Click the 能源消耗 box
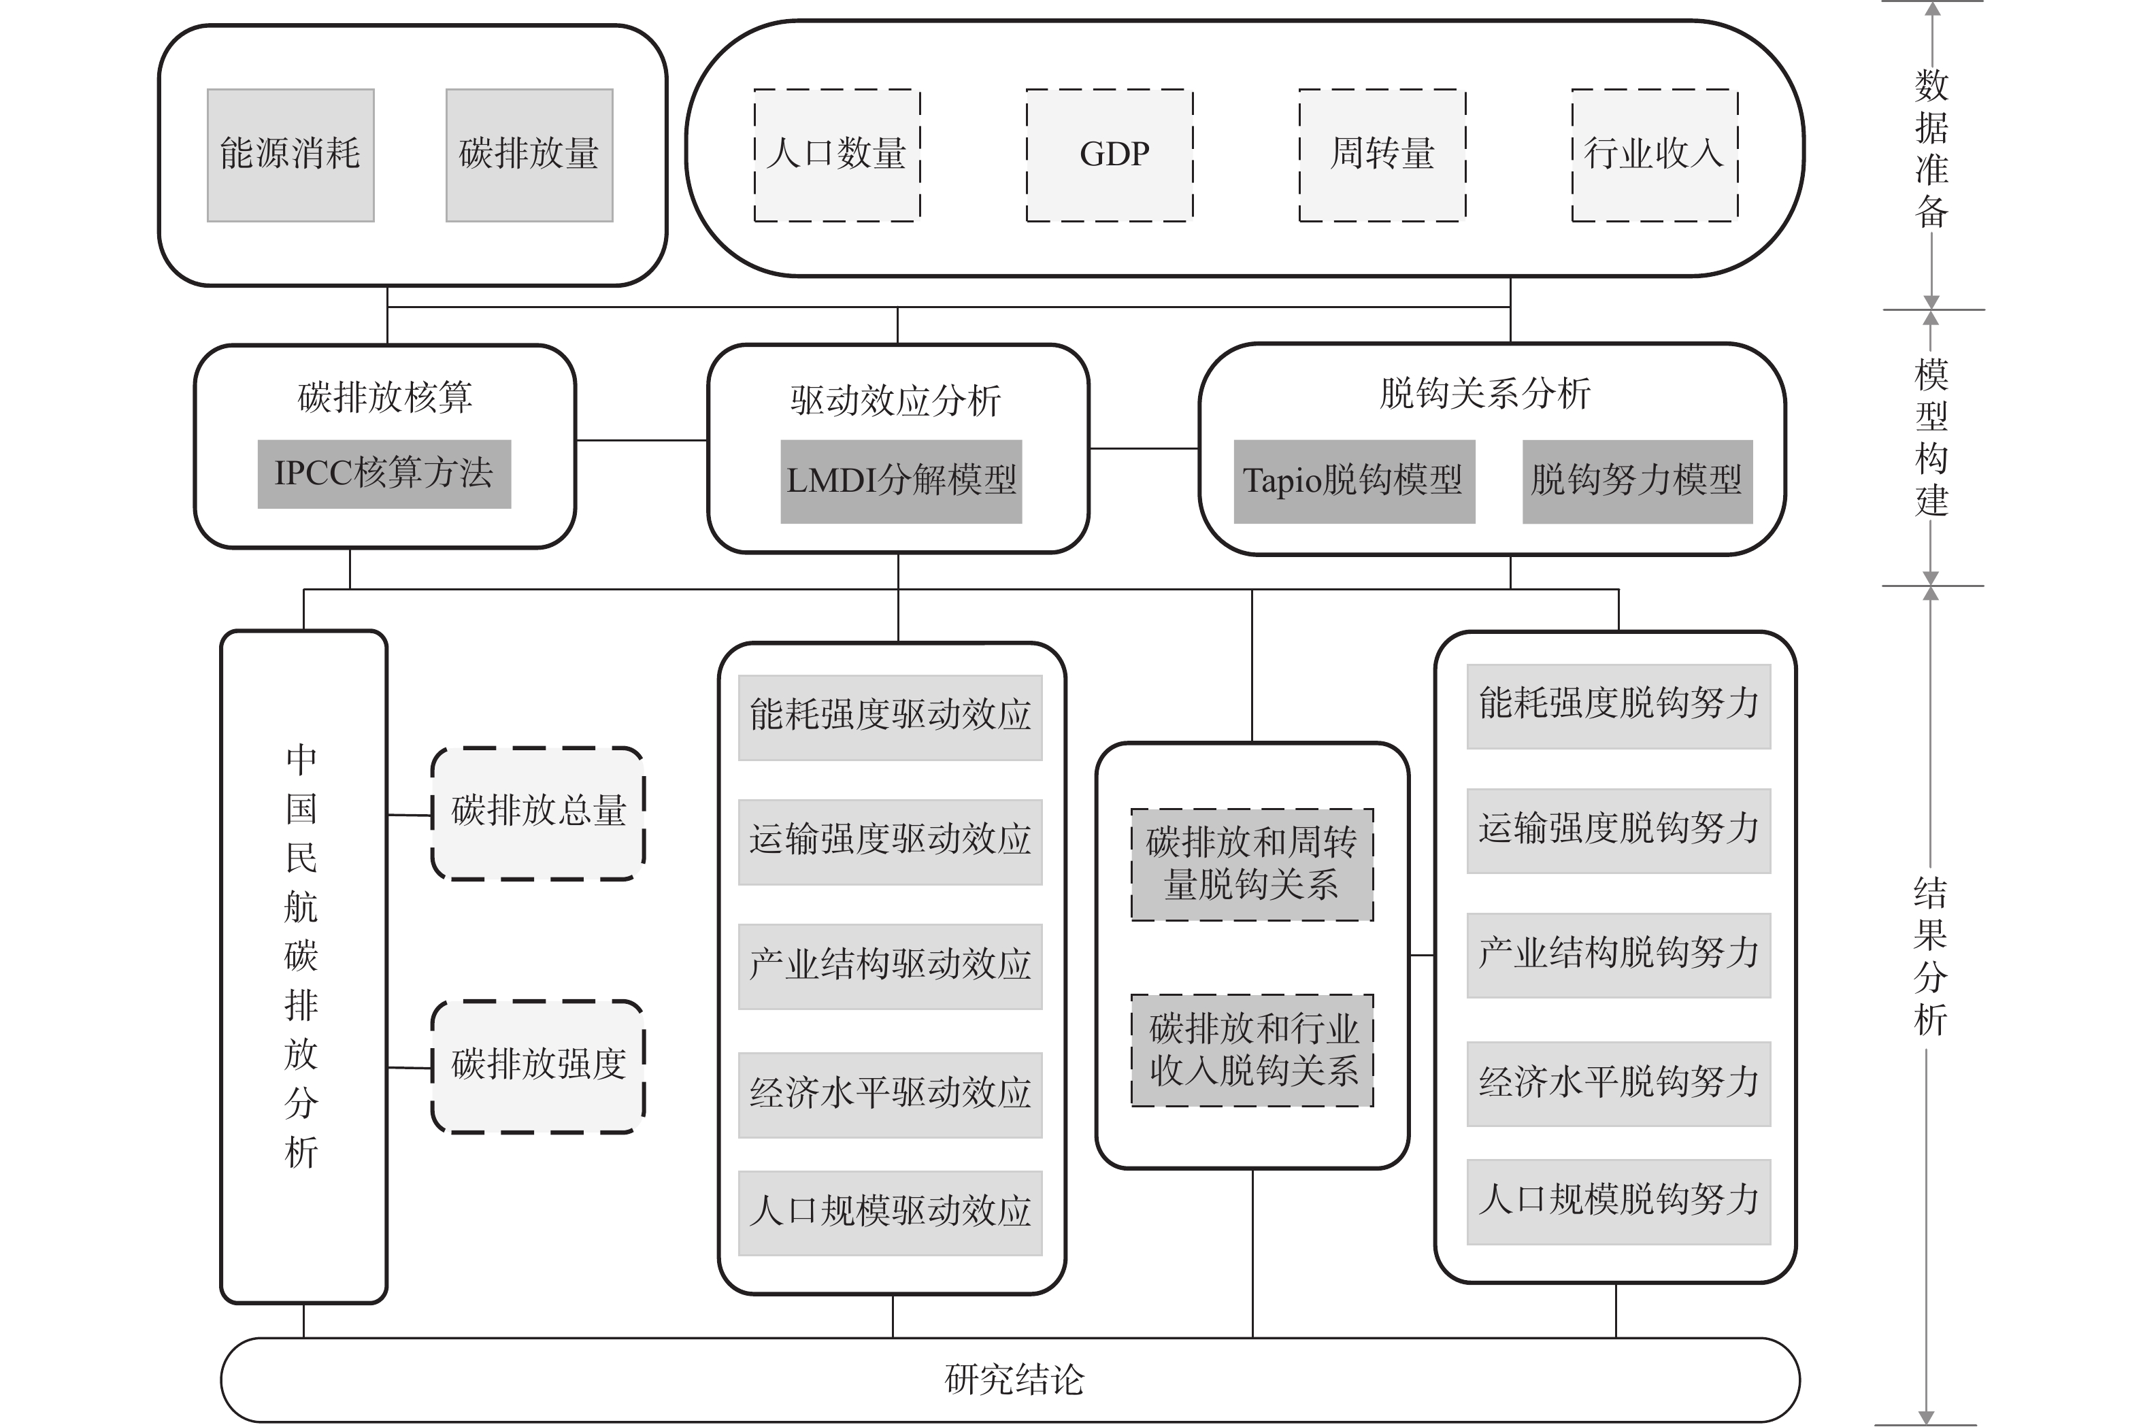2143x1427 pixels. pyautogui.click(x=290, y=154)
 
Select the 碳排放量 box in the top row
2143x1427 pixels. pyautogui.click(x=529, y=154)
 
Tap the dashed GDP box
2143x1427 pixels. pyautogui.click(x=1110, y=154)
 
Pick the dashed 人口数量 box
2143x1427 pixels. pyautogui.click(x=837, y=154)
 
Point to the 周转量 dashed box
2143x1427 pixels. pyautogui.click(x=1382, y=154)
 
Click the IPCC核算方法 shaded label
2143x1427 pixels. pyautogui.click(x=384, y=474)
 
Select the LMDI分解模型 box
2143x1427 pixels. pyautogui.click(x=901, y=482)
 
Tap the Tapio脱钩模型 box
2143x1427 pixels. pyautogui.click(x=1354, y=482)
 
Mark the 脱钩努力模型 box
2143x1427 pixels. pyautogui.click(x=1637, y=482)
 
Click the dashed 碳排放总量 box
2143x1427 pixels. pyautogui.click(x=538, y=813)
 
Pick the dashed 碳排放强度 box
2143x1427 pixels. pyautogui.click(x=538, y=1067)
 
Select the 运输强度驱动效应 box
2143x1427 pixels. pyautogui.click(x=891, y=842)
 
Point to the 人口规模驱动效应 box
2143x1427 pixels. pyautogui.click(x=891, y=1213)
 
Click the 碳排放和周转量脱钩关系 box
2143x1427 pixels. pyautogui.click(x=1252, y=864)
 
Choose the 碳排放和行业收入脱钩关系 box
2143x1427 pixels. pyautogui.click(x=1252, y=1050)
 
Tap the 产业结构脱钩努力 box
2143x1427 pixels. pyautogui.click(x=1618, y=956)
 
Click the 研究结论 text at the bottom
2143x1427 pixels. pyautogui.click(x=1014, y=1379)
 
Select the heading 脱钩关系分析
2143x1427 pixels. pyautogui.click(x=1485, y=394)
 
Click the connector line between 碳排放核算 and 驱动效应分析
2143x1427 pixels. pyautogui.click(x=642, y=441)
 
